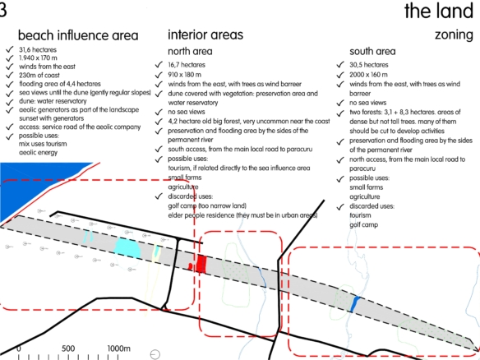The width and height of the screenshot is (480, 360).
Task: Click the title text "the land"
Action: click(x=439, y=12)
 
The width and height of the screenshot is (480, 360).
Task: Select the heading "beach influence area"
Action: click(x=78, y=35)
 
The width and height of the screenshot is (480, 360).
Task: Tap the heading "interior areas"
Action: click(x=205, y=35)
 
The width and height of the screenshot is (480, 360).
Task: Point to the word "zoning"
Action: click(x=454, y=35)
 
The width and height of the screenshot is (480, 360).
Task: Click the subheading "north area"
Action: click(x=190, y=51)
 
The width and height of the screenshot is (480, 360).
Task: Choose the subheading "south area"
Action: click(x=372, y=51)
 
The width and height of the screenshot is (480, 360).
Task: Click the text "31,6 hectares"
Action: click(x=38, y=49)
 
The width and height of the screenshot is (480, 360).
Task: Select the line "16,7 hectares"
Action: click(x=187, y=65)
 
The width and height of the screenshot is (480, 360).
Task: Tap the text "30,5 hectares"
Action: click(x=369, y=65)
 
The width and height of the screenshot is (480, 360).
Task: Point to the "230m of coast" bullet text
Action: click(x=39, y=76)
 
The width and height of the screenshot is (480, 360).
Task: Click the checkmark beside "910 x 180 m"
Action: click(x=159, y=75)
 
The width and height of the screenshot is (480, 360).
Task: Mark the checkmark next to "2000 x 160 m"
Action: click(x=340, y=75)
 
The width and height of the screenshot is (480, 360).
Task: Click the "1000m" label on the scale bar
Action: click(x=119, y=348)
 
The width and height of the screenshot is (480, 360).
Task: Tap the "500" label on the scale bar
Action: click(x=68, y=348)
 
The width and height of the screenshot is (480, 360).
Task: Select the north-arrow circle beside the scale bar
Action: click(x=155, y=354)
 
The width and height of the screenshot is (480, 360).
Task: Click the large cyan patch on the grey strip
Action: click(x=127, y=248)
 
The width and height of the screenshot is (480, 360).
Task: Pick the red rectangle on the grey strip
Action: click(x=201, y=264)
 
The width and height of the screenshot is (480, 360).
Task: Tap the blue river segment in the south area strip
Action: click(x=355, y=304)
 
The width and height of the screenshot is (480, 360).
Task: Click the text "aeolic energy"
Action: click(x=39, y=152)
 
